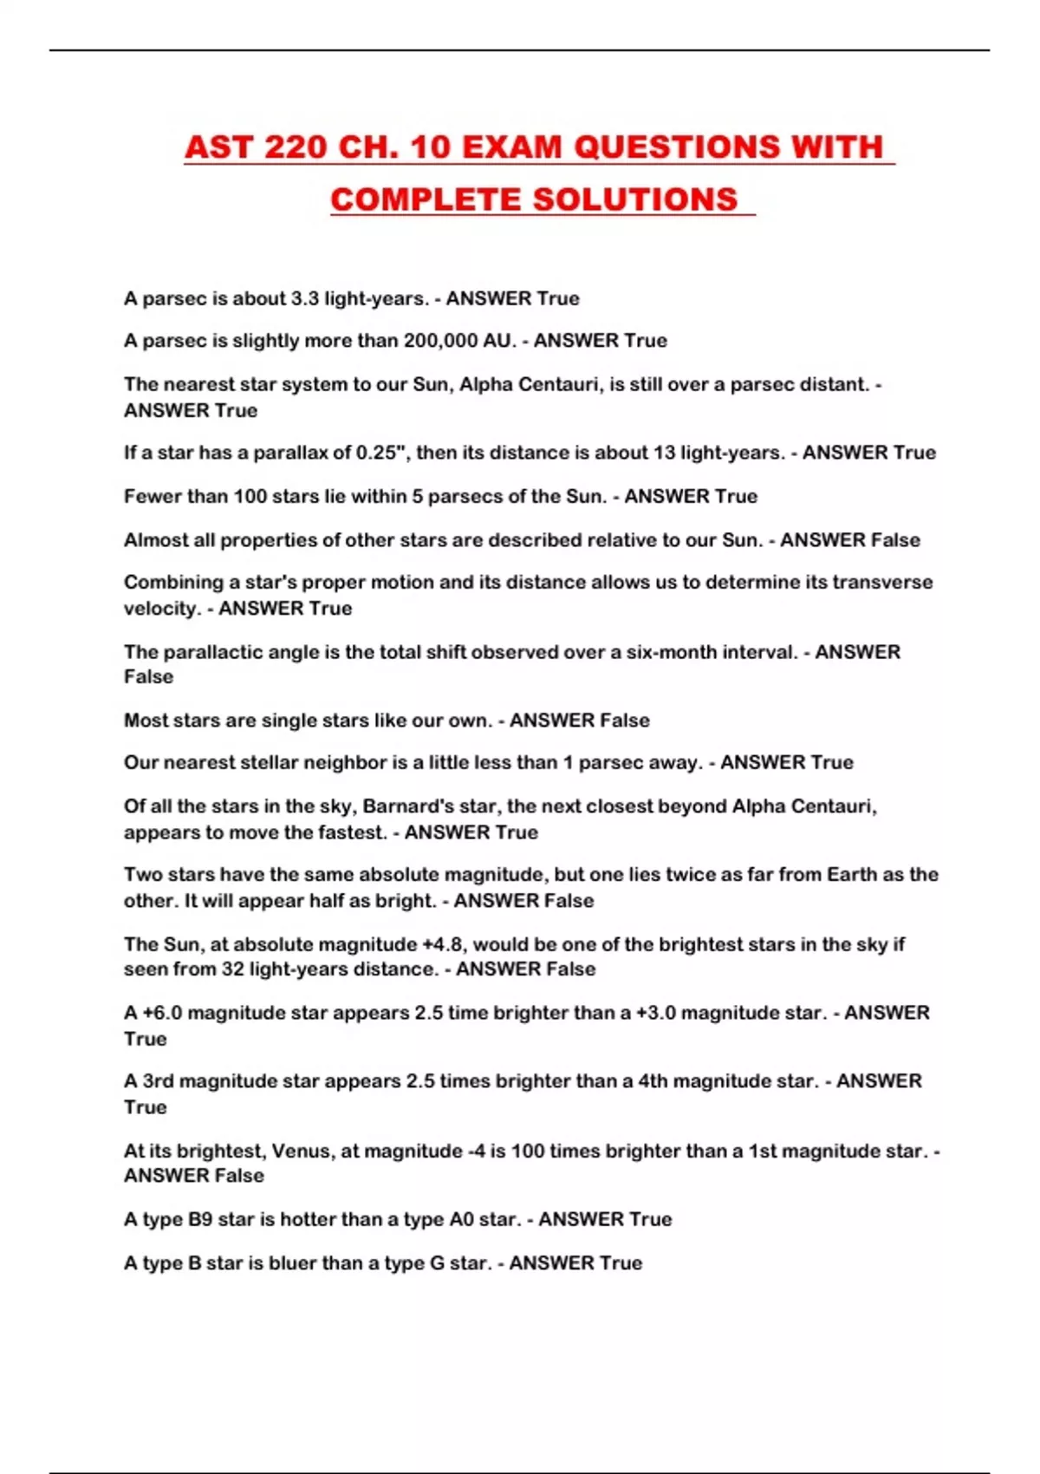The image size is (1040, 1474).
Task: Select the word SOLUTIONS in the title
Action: pyautogui.click(x=635, y=199)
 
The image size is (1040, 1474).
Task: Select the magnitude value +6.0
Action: pyautogui.click(x=162, y=1013)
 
